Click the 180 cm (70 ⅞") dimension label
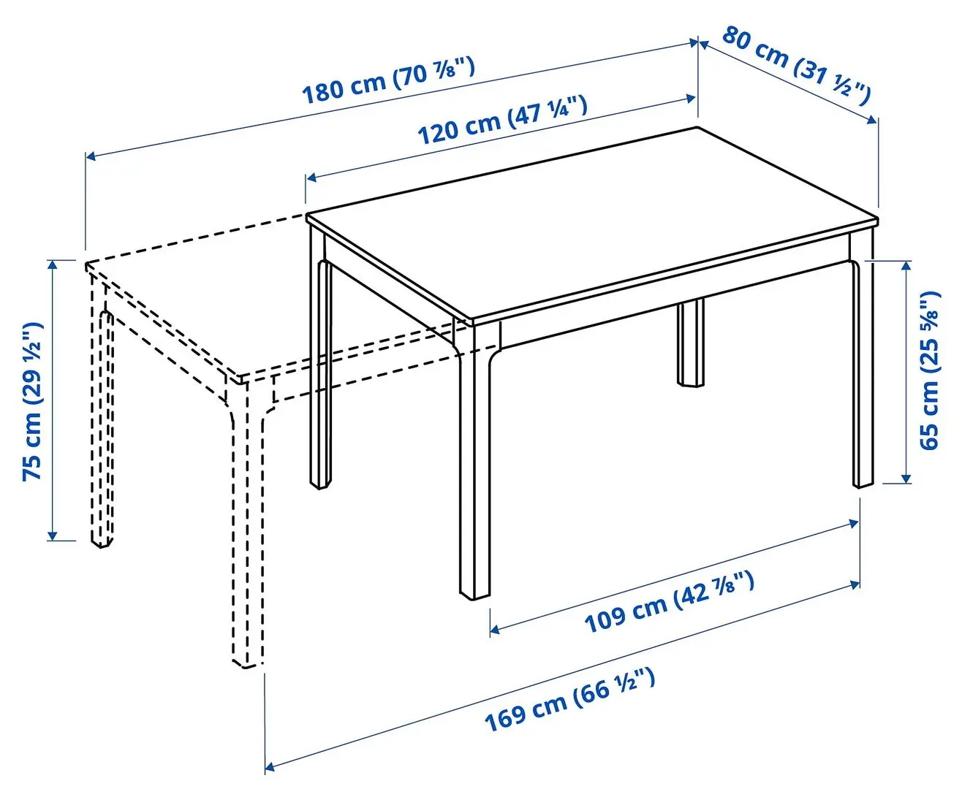click(x=389, y=81)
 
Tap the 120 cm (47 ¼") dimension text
click(x=502, y=120)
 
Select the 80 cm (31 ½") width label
click(x=797, y=64)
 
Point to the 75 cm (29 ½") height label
click(x=33, y=402)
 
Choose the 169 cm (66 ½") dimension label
click(x=569, y=700)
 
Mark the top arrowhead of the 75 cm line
click(x=52, y=264)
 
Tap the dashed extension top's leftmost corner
click(x=86, y=264)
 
